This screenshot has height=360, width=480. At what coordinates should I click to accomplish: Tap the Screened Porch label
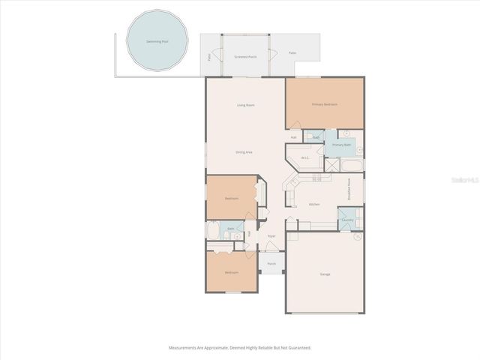click(x=245, y=57)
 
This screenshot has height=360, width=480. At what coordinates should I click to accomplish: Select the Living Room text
click(x=245, y=105)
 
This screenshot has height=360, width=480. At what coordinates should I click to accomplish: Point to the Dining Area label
click(x=244, y=152)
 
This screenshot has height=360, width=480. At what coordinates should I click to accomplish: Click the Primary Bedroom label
click(x=324, y=104)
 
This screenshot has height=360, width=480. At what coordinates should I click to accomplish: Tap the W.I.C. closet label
click(x=305, y=157)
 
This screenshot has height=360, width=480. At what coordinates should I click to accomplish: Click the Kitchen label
click(x=314, y=204)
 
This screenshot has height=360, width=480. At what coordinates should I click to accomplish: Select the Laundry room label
click(x=346, y=220)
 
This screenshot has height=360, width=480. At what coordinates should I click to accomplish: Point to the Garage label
click(x=325, y=274)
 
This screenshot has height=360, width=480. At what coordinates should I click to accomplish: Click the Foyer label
click(x=271, y=236)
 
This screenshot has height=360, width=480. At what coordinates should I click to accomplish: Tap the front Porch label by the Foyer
click(x=271, y=264)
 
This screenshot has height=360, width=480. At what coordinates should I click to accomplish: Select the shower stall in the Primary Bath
click(x=331, y=165)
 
